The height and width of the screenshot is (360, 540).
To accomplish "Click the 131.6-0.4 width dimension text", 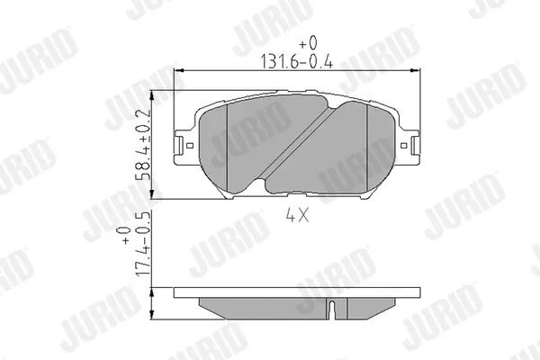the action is (296, 62).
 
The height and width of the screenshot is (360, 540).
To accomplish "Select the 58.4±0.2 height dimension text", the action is (143, 145).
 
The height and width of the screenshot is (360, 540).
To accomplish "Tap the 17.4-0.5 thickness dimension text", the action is (143, 244).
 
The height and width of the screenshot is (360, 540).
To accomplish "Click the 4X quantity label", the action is (297, 216).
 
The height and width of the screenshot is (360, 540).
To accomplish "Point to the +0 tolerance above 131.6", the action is (308, 43).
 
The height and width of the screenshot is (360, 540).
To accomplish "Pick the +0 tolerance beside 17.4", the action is (125, 236).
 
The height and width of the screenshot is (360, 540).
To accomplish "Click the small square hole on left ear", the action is (189, 146).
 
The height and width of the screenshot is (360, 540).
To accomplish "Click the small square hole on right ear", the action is (404, 146).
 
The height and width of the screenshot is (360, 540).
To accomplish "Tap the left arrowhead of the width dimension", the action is (179, 70).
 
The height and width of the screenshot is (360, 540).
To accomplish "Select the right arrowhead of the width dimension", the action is (416, 70).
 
